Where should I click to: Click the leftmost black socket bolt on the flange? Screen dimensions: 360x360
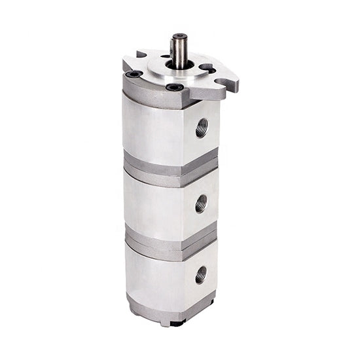tap(134, 74)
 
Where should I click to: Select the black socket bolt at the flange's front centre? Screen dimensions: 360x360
tap(174, 87)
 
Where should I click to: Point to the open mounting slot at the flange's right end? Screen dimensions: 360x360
tap(226, 83)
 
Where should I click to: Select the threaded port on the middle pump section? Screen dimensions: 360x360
tap(201, 204)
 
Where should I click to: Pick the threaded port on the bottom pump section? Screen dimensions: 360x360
tap(200, 274)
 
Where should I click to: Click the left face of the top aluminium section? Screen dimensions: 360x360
tap(151, 128)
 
